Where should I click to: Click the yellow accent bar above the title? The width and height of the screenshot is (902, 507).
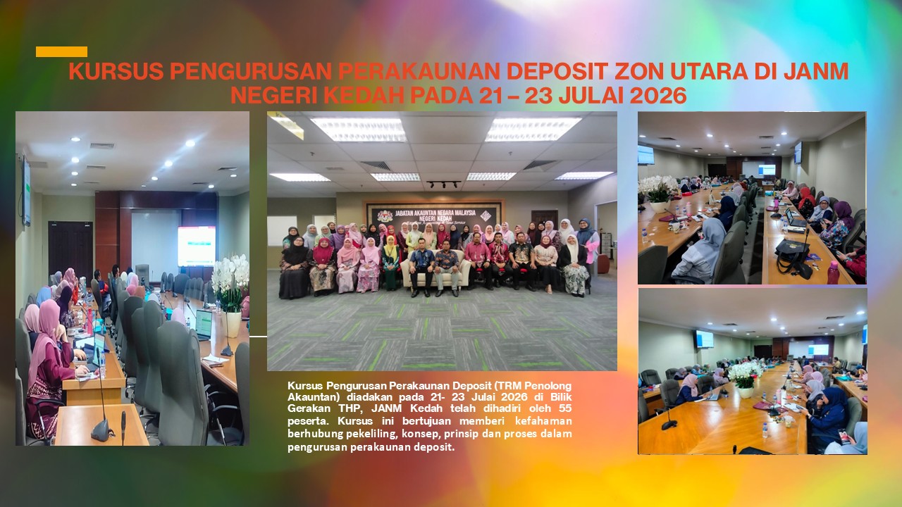click(x=61, y=51)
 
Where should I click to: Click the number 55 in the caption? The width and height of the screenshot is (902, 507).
click(x=565, y=408)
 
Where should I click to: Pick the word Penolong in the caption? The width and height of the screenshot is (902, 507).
click(x=551, y=385)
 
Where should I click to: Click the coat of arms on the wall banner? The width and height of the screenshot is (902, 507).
click(x=385, y=216)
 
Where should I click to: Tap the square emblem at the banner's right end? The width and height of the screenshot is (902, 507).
click(x=486, y=215)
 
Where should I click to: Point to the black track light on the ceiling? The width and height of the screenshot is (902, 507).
click(x=443, y=184)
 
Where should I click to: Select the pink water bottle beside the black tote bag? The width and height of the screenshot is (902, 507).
click(x=833, y=272)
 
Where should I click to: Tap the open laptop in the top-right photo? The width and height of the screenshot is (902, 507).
click(x=796, y=218)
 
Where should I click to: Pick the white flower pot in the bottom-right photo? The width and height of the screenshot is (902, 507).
click(x=746, y=392)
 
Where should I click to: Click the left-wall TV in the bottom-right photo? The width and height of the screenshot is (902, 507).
click(x=704, y=339)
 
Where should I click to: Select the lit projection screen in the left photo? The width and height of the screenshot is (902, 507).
click(x=197, y=246)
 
